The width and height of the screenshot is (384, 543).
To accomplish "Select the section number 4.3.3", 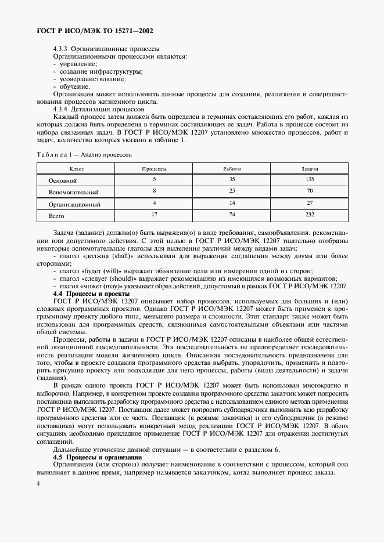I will pos(61,49).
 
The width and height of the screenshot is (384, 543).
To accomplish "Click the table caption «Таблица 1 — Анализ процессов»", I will pos(85,155).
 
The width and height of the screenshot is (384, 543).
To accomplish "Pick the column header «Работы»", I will pos(231,169).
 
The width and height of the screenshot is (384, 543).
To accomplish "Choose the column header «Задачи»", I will pos(309,169).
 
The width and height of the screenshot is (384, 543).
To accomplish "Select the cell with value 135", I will pos(309,180).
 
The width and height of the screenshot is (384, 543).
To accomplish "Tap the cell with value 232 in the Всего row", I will pos(309,215).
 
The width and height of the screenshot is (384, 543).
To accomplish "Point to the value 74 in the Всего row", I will pos(231,215).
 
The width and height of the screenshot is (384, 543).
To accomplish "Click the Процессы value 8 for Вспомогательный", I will pos(155,191).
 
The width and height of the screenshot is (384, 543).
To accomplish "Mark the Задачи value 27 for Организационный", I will pos(309,203).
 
